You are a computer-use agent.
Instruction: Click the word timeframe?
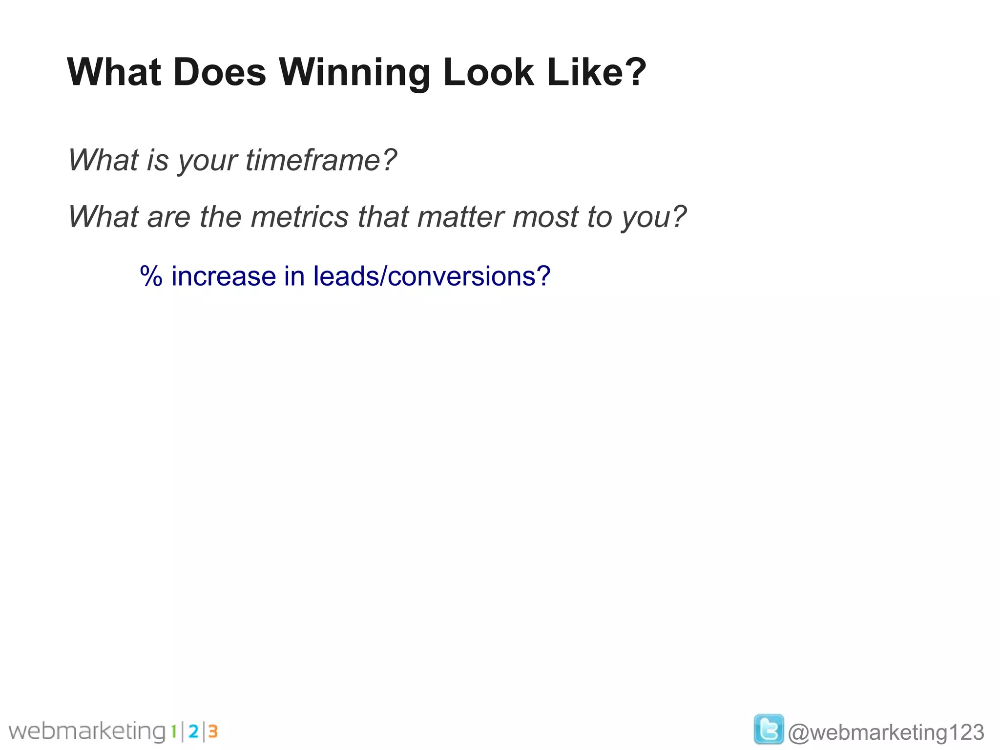click(321, 160)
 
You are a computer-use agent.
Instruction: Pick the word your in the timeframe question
click(208, 161)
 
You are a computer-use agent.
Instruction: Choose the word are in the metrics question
click(168, 217)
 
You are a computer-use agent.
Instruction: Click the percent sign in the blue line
click(151, 276)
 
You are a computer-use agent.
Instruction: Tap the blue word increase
click(223, 276)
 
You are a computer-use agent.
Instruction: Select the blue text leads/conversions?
click(432, 276)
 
